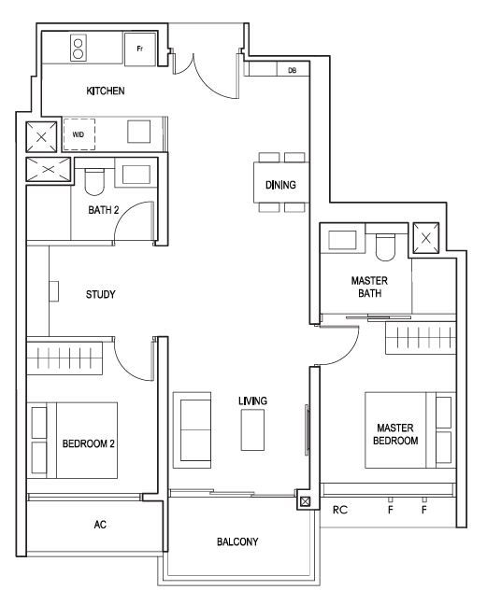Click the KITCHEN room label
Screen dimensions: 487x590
click(106, 91)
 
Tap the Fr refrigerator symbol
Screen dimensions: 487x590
click(140, 49)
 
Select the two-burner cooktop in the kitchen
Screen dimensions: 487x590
click(79, 48)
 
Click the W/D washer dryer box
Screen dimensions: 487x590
click(79, 134)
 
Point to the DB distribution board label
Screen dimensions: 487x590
click(292, 70)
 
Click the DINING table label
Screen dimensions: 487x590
click(280, 185)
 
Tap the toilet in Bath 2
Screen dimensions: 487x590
click(94, 182)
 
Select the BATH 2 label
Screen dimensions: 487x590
click(103, 210)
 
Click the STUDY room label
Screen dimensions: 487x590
click(101, 294)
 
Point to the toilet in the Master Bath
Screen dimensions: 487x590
click(385, 247)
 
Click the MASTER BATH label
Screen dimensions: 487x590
click(369, 287)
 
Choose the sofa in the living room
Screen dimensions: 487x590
click(192, 430)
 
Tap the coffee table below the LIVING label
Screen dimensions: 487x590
click(252, 429)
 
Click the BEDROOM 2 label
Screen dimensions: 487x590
click(89, 444)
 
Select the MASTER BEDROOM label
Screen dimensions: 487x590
click(395, 434)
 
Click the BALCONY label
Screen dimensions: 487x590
click(237, 541)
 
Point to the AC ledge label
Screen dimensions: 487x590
click(100, 524)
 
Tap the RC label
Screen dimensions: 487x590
click(340, 510)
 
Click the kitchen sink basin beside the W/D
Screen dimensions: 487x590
click(138, 132)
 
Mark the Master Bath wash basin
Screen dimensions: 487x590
click(342, 240)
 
